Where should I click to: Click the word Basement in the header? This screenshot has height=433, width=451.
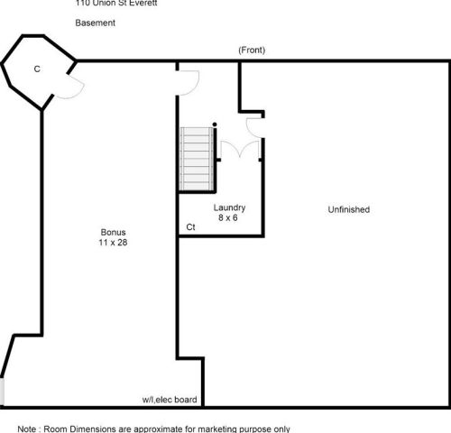pos(95,23)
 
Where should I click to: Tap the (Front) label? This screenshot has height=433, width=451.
pos(252,51)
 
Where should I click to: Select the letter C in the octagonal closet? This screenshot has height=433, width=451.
pos(37,69)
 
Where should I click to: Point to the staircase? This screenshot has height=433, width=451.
pos(198,159)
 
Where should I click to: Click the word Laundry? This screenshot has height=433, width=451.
pos(230,207)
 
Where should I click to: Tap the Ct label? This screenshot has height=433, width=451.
pos(190,227)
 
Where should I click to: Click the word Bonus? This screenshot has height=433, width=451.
pos(113,232)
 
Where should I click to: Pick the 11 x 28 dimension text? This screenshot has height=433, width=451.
pos(113,243)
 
